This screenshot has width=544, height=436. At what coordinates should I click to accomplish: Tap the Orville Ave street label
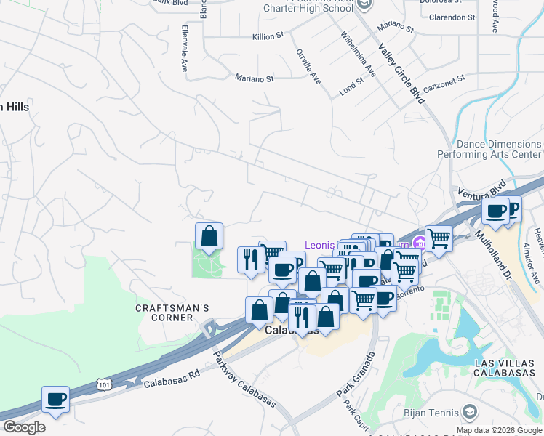[308, 65]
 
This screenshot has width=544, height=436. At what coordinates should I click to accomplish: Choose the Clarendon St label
[452, 17]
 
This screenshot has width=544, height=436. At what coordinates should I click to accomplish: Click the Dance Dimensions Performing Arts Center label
[489, 150]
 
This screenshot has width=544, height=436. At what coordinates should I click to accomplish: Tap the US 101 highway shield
[104, 381]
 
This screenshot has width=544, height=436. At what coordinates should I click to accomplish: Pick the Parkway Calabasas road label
[244, 379]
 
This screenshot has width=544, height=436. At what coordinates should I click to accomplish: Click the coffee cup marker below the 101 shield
[55, 399]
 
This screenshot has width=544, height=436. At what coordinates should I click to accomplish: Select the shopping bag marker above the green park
[209, 236]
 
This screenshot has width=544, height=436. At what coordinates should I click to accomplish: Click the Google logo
[24, 427]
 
